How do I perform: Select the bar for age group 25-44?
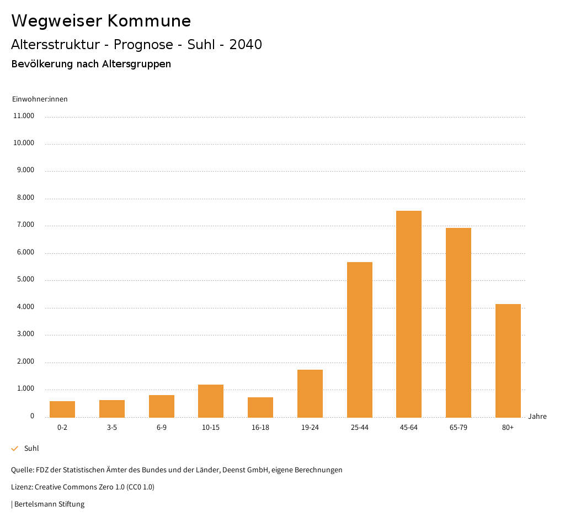(x=359, y=339)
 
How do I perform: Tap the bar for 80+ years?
(x=508, y=360)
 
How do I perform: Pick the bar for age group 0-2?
(x=62, y=409)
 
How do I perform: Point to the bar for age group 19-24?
(x=310, y=393)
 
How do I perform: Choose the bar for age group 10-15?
(x=211, y=401)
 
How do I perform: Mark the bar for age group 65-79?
(x=459, y=322)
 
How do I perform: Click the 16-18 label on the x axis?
(x=260, y=428)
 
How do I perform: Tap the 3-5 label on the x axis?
(x=112, y=428)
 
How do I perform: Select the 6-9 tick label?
(x=162, y=428)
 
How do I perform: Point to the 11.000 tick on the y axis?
(x=24, y=116)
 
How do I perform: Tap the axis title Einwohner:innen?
(x=40, y=99)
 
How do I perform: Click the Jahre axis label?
(x=537, y=417)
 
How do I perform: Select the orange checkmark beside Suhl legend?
(x=15, y=449)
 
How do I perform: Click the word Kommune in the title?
(x=149, y=21)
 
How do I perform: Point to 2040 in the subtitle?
(x=246, y=45)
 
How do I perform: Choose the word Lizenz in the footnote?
(x=22, y=487)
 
